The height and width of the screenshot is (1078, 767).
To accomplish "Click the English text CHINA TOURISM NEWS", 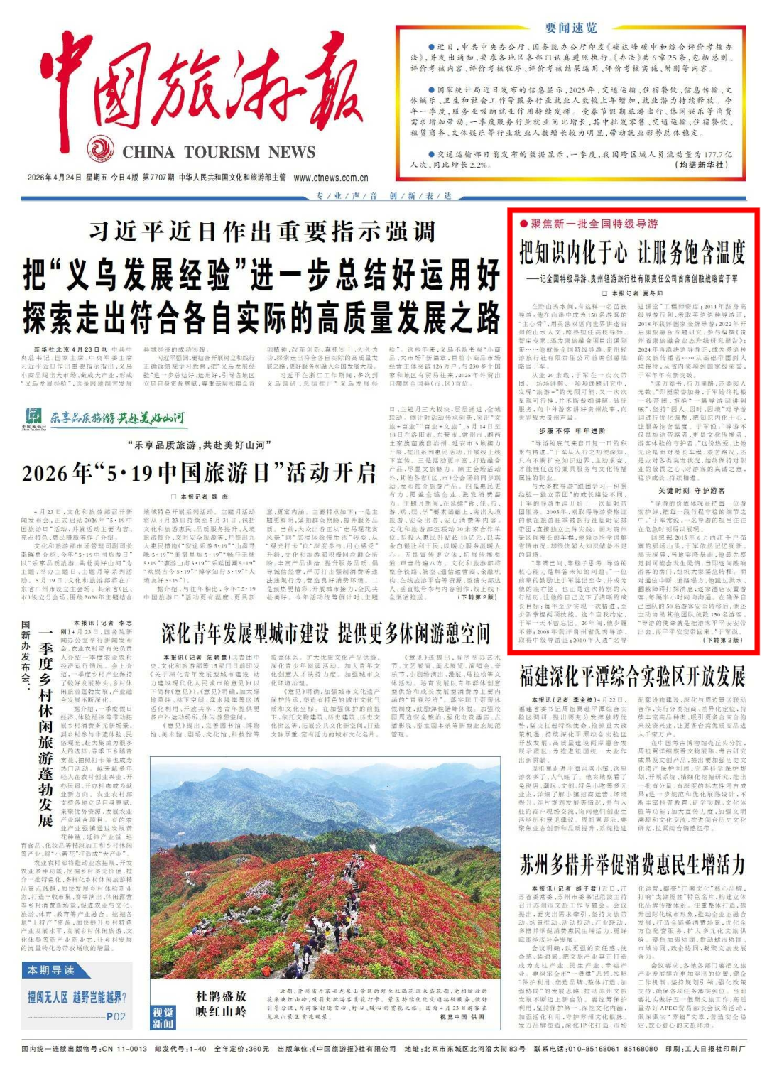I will click(219, 152).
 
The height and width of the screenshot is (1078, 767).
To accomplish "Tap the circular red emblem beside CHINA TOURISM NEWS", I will click(101, 150).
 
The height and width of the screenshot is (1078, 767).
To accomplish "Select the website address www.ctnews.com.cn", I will click(331, 178).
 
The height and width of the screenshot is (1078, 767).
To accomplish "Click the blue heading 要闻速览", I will click(571, 28).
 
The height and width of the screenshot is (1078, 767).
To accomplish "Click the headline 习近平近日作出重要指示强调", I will click(262, 232).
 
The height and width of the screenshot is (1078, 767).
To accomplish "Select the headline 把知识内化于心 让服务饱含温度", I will click(632, 251).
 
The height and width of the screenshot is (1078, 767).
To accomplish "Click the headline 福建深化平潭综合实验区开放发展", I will click(632, 675).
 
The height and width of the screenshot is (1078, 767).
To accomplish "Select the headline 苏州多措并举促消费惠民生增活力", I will click(632, 865).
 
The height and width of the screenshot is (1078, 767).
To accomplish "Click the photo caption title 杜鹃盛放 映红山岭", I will click(221, 1003).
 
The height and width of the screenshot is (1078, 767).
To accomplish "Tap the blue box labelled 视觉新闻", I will click(163, 1017).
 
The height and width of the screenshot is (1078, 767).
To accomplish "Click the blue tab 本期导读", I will click(50, 970).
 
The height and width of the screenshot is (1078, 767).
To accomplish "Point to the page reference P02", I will click(116, 1017).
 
